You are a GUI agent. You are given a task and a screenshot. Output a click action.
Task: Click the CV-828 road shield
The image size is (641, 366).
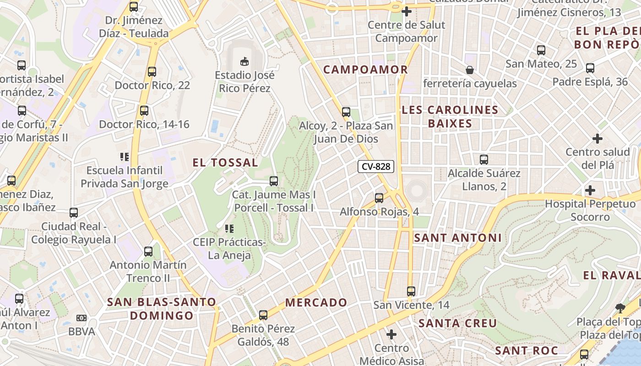376,167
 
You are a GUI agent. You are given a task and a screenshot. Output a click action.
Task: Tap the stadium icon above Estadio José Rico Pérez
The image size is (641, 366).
244,61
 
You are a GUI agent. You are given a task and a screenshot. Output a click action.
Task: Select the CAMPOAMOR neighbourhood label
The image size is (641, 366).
365,70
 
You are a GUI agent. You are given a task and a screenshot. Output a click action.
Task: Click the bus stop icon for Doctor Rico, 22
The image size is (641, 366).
152,72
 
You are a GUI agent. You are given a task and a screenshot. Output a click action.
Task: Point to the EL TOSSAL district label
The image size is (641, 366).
225,162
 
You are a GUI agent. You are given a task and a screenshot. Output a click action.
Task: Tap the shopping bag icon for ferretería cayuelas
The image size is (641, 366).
469,70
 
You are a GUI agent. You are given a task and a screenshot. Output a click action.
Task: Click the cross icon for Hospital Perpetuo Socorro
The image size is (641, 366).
590,190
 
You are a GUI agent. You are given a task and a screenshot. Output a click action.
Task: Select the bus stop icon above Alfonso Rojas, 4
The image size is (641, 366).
379,198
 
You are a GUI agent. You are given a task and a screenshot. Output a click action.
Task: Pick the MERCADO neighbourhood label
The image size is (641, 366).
316,302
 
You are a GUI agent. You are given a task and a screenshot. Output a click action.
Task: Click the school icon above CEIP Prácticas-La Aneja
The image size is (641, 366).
229,228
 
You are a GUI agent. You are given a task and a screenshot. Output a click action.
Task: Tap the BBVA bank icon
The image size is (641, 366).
81,318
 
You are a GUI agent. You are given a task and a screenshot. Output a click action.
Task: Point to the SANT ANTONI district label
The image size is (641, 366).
458,238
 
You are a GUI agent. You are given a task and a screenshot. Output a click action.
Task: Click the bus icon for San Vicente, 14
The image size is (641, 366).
411,291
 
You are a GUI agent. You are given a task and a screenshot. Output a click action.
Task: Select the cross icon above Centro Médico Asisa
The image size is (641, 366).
391,335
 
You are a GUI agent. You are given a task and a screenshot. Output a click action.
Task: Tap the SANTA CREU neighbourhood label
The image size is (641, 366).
458,323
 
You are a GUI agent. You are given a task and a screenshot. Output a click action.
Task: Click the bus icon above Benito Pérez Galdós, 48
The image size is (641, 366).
263,315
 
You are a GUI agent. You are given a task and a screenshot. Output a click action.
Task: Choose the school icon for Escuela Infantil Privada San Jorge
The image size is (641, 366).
125,157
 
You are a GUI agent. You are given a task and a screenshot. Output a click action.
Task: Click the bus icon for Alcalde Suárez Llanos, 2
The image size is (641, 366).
484,160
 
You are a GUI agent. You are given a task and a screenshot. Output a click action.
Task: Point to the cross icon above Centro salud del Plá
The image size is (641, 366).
598,138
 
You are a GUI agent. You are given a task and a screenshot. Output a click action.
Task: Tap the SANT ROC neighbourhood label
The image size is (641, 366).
527,351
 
